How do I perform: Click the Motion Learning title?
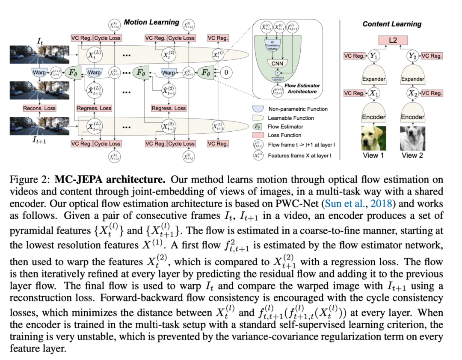pos(151,22)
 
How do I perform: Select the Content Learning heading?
pos(392,24)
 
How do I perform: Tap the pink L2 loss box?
pos(392,41)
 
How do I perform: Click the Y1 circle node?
pos(374,56)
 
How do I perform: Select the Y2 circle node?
pos(412,56)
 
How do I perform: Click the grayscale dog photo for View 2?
pos(412,137)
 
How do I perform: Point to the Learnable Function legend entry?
pos(291,118)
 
